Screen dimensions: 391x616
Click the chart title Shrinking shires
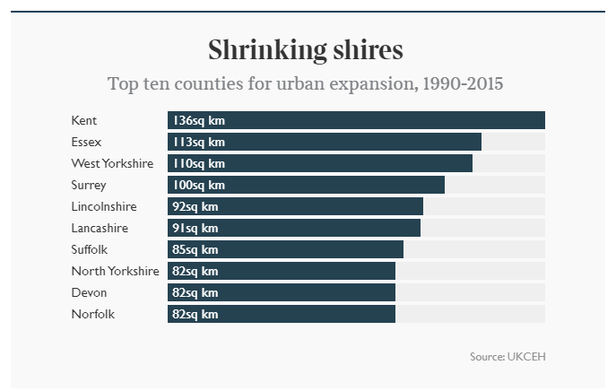306,49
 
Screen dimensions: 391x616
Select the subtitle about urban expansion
306,84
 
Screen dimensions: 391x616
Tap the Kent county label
84,120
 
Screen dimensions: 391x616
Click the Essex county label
87,142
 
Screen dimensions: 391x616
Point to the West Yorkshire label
112,163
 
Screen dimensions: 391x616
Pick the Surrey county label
89,185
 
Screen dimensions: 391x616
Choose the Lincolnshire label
104,206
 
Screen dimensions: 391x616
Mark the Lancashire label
100,228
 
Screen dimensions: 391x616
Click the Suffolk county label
90,249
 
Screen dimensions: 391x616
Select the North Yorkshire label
115,271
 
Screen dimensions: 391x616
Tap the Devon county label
89,292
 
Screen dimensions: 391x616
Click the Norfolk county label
93,314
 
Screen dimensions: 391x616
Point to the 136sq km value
199,120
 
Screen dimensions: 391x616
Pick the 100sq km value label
199,185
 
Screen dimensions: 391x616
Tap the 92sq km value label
195,206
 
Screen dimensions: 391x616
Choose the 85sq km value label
195,249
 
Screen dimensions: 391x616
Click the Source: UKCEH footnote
508,357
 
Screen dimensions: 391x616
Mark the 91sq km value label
195,228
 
